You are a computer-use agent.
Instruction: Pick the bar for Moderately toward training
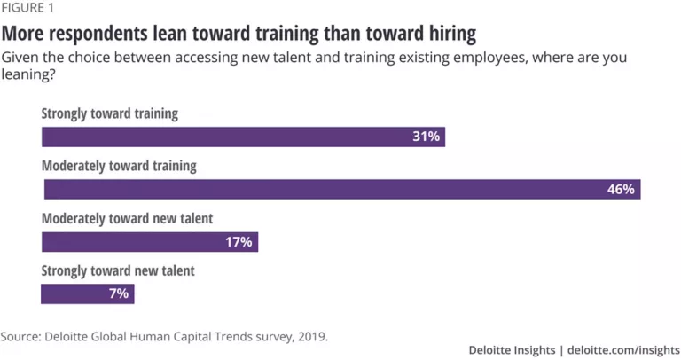coord(341,189)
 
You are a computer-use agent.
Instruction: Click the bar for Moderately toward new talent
coord(150,241)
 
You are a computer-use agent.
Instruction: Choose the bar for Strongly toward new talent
coord(88,293)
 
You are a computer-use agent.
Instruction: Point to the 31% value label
coord(426,137)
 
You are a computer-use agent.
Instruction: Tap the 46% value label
coord(620,189)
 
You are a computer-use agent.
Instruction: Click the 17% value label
coord(239,241)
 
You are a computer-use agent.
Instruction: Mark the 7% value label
coord(119,293)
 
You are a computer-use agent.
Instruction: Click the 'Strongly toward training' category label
coord(110,113)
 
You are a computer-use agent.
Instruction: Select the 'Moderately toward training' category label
coord(120,166)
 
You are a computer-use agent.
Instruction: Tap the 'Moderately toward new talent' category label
coord(128,217)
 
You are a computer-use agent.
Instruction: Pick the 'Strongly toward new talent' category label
coord(118,270)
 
